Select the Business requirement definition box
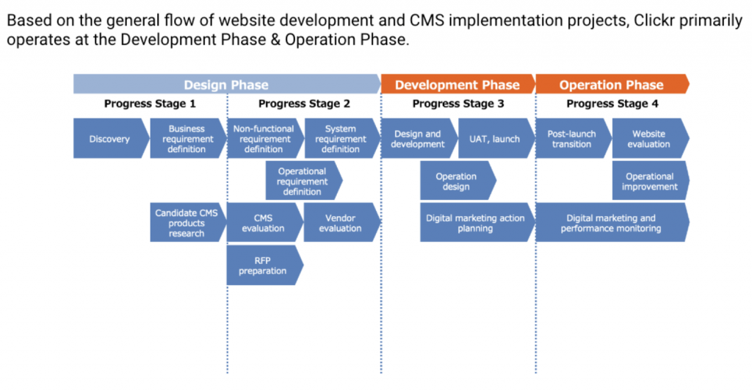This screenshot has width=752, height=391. [x=188, y=139]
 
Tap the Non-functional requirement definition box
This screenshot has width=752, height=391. [x=264, y=139]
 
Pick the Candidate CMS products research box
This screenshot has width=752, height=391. [x=188, y=223]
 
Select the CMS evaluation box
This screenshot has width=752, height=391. [x=264, y=223]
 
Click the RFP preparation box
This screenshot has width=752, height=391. [x=264, y=265]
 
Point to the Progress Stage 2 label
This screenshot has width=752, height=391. [x=304, y=104]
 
